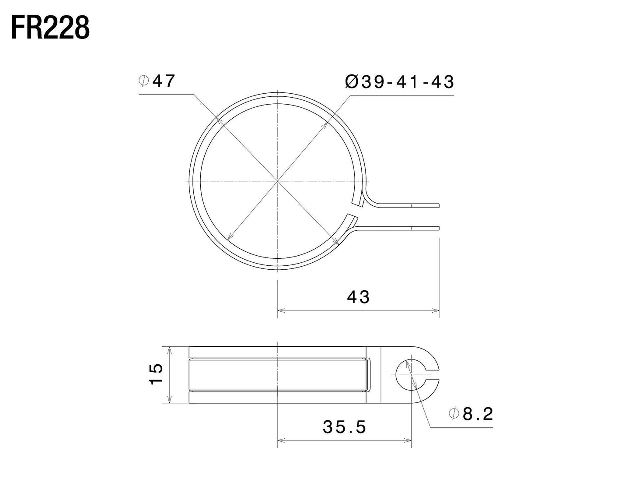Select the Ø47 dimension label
tap(157, 81)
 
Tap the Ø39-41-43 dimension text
tap(399, 82)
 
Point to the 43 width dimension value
tap(358, 297)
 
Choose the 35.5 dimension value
tap(344, 426)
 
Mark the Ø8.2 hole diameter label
tap(471, 413)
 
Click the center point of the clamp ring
tap(278, 181)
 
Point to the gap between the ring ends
tap(355, 211)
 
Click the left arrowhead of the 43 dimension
tap(281, 310)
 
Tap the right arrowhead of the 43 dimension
tap(436, 310)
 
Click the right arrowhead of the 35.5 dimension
tap(408, 440)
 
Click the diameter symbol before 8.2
tap(453, 413)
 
